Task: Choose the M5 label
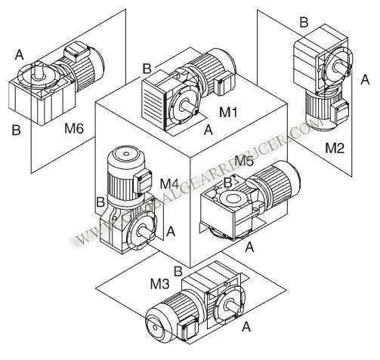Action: pyautogui.click(x=243, y=161)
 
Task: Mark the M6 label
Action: pyautogui.click(x=73, y=128)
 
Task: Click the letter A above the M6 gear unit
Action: pyautogui.click(x=20, y=54)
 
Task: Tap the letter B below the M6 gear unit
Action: pyautogui.click(x=15, y=130)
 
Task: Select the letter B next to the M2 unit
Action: pyautogui.click(x=304, y=23)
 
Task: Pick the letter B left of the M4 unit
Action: pyautogui.click(x=100, y=202)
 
